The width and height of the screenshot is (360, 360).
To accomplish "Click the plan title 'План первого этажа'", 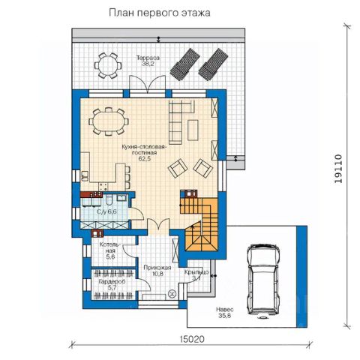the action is [160, 13].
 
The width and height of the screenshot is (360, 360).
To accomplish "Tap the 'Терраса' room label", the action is [148, 58].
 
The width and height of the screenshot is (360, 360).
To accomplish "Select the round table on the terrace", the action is [108, 66].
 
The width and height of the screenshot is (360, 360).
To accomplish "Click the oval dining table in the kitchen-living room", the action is [109, 121].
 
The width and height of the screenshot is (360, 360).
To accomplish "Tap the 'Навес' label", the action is [225, 310].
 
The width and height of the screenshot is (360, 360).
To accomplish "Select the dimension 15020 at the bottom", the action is [192, 339].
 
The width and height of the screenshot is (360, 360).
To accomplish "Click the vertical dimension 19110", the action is [338, 169].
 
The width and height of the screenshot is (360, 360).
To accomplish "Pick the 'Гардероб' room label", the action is [112, 282].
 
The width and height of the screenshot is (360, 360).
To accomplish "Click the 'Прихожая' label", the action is [157, 268].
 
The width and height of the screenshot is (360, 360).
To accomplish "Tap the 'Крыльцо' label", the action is [196, 272].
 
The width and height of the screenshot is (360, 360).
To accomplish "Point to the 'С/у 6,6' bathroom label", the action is [106, 212].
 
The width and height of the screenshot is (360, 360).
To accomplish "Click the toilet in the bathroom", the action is [109, 200].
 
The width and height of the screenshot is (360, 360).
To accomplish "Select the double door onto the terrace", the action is [148, 84].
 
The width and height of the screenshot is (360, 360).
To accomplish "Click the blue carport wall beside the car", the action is [301, 276].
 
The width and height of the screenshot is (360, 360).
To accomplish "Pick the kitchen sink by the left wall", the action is [85, 175].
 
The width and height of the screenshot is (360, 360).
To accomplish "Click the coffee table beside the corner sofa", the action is [193, 130].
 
